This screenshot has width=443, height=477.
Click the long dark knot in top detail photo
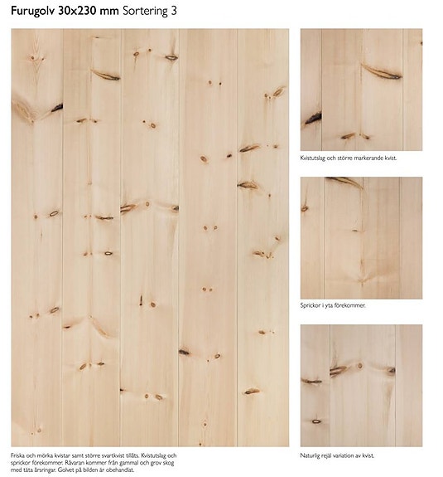tap(381, 73)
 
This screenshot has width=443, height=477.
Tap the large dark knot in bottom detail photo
tap(338, 370)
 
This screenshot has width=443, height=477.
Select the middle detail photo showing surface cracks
tap(361, 237)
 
